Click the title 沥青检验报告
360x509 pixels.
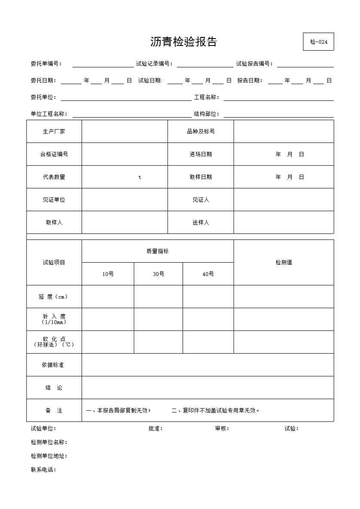[x=183, y=42]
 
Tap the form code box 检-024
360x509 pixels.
[x=318, y=42]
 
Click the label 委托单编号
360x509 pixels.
[x=46, y=64]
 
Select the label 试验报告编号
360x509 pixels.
[x=254, y=64]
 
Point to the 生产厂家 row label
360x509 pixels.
[x=54, y=131]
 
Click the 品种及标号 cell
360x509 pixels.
[x=201, y=131]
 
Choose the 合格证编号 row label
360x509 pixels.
[x=54, y=154]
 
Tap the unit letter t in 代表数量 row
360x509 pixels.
[x=140, y=177]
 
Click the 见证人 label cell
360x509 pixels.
[x=201, y=200]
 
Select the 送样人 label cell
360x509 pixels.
[x=201, y=222]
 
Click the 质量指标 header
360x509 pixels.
[x=158, y=251]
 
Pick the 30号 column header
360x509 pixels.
[x=159, y=274]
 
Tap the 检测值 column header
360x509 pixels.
[x=284, y=262]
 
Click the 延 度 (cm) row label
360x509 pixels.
[x=54, y=297]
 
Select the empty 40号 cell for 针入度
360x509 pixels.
[x=208, y=319]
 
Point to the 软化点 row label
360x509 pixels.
[x=54, y=342]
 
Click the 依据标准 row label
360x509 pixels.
[x=53, y=365]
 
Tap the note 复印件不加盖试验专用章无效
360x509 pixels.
[x=216, y=410]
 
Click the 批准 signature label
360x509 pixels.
[x=156, y=428]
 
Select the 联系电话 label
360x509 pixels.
[x=43, y=470]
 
